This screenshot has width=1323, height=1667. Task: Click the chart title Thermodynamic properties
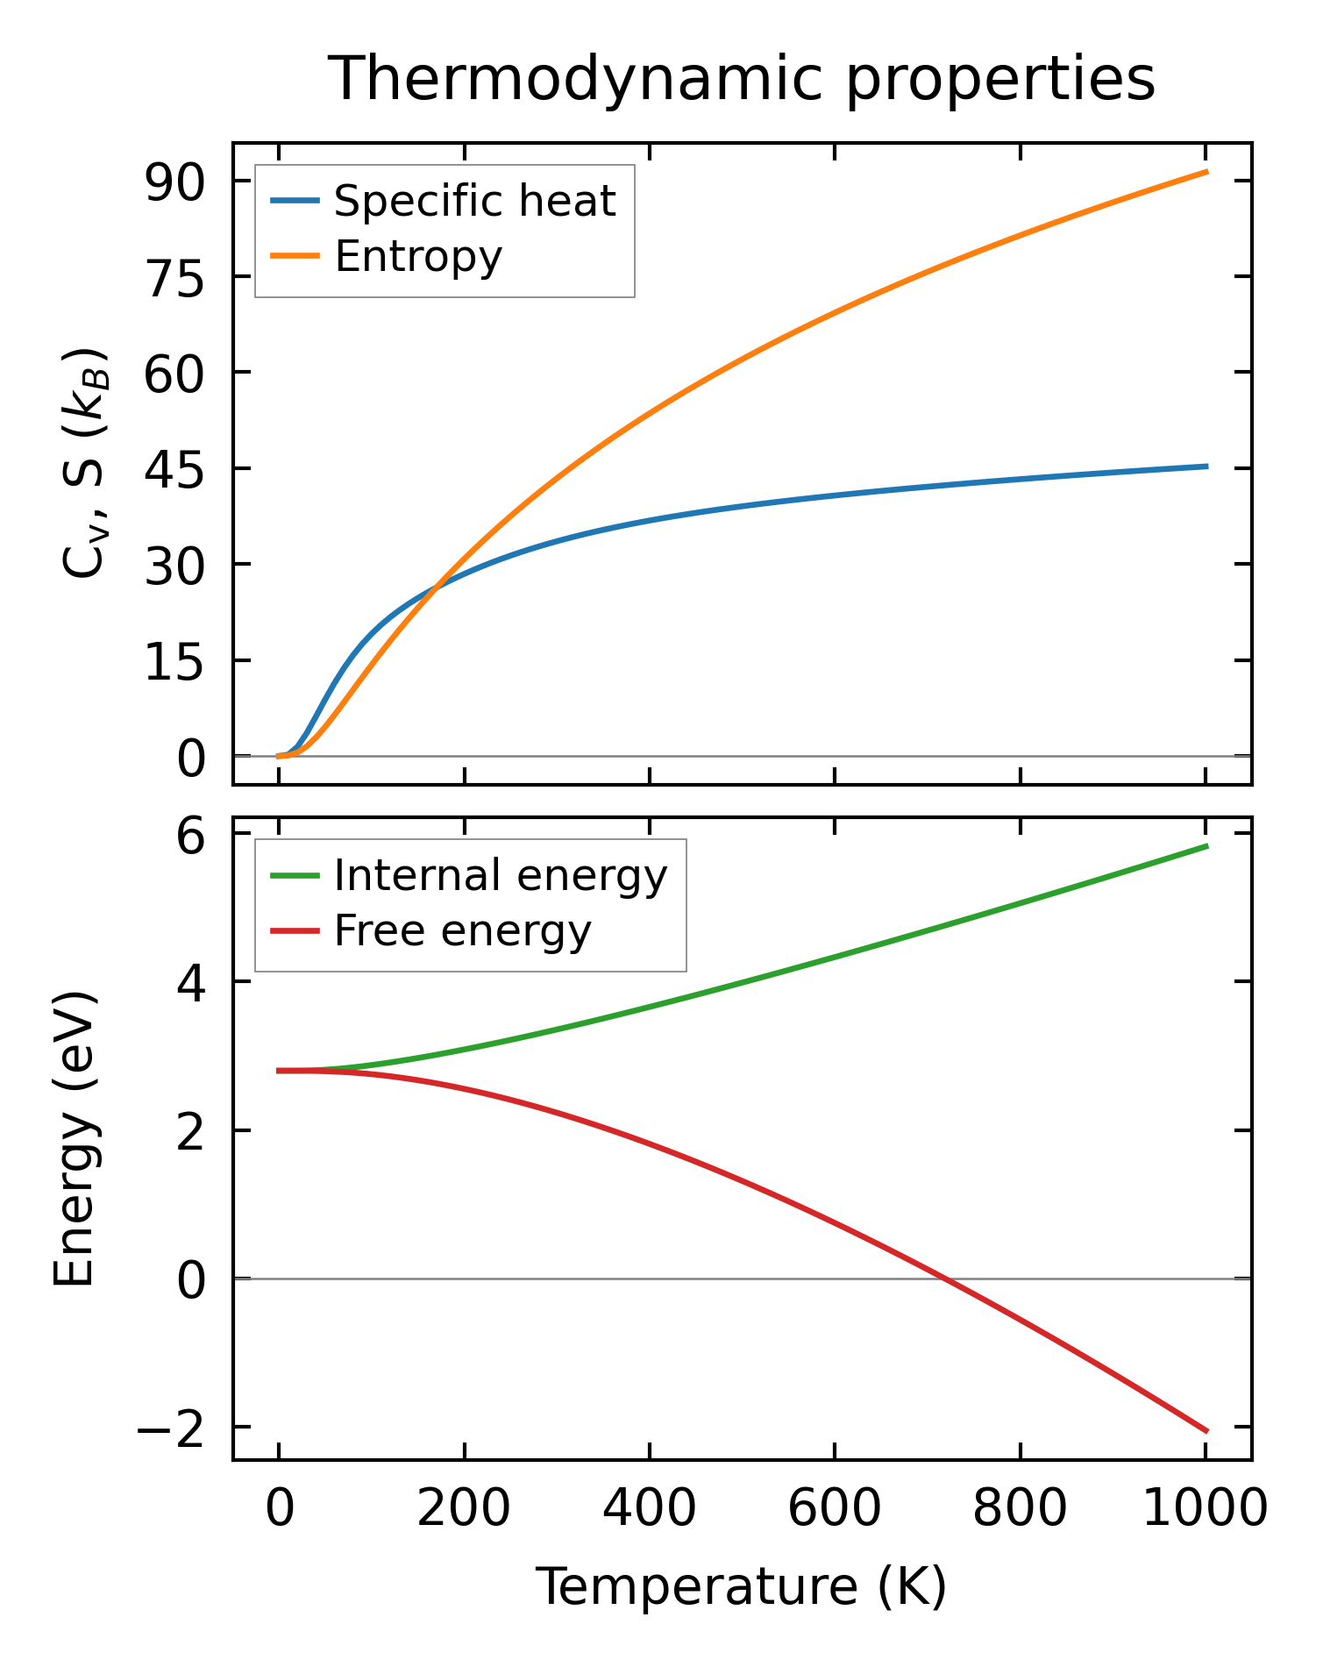click(742, 80)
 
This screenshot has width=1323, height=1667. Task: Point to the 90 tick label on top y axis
click(174, 182)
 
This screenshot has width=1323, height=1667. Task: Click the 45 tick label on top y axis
click(174, 469)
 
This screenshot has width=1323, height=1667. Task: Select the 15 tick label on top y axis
click(174, 661)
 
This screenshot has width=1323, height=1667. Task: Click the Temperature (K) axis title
click(742, 1586)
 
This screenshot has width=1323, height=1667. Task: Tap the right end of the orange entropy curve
click(1207, 172)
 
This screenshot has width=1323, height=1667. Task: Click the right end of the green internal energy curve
click(1207, 846)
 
